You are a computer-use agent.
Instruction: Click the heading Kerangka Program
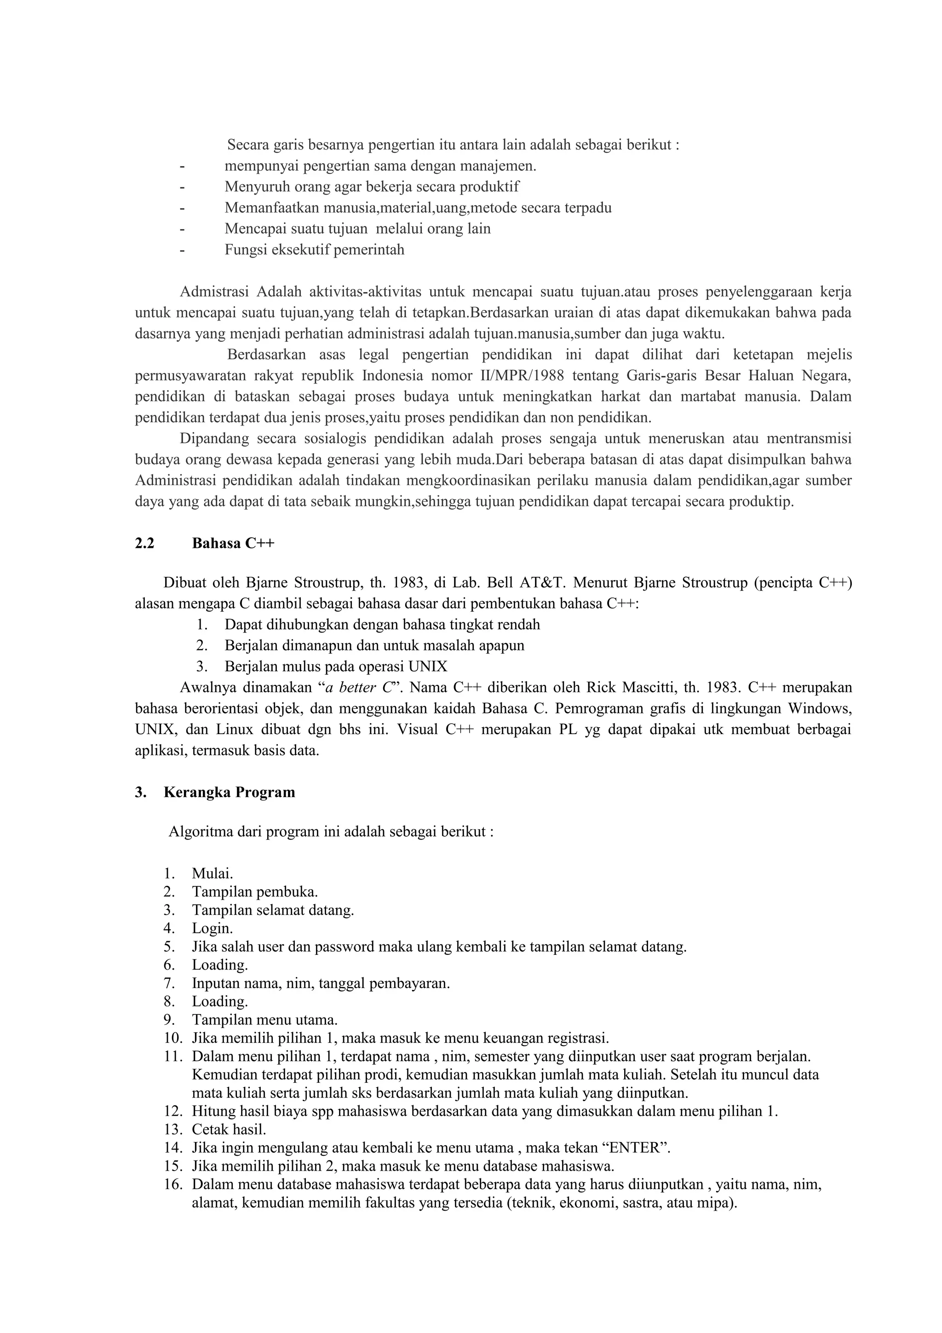[x=229, y=792]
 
